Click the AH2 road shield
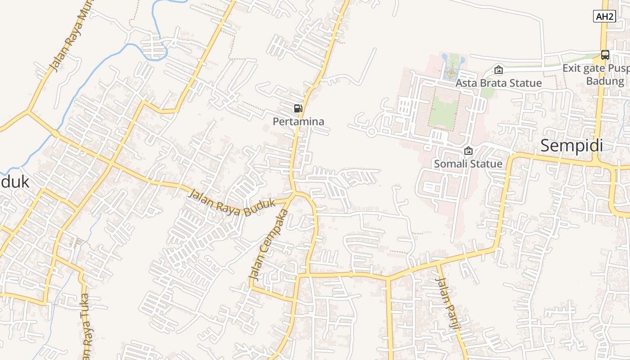pyautogui.click(x=604, y=17)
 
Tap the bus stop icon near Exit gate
pyautogui.click(x=605, y=55)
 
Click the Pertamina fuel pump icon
pyautogui.click(x=298, y=108)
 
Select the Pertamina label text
pyautogui.click(x=298, y=121)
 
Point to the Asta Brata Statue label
pyautogui.click(x=499, y=83)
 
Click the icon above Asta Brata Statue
pyautogui.click(x=498, y=70)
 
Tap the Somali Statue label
pyautogui.click(x=468, y=164)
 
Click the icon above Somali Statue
pyautogui.click(x=468, y=151)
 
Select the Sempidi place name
pyautogui.click(x=571, y=146)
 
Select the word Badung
pyautogui.click(x=605, y=81)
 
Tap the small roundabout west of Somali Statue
pyautogui.click(x=371, y=131)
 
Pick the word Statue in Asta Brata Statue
pyautogui.click(x=526, y=83)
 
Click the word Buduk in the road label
pyautogui.click(x=259, y=207)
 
